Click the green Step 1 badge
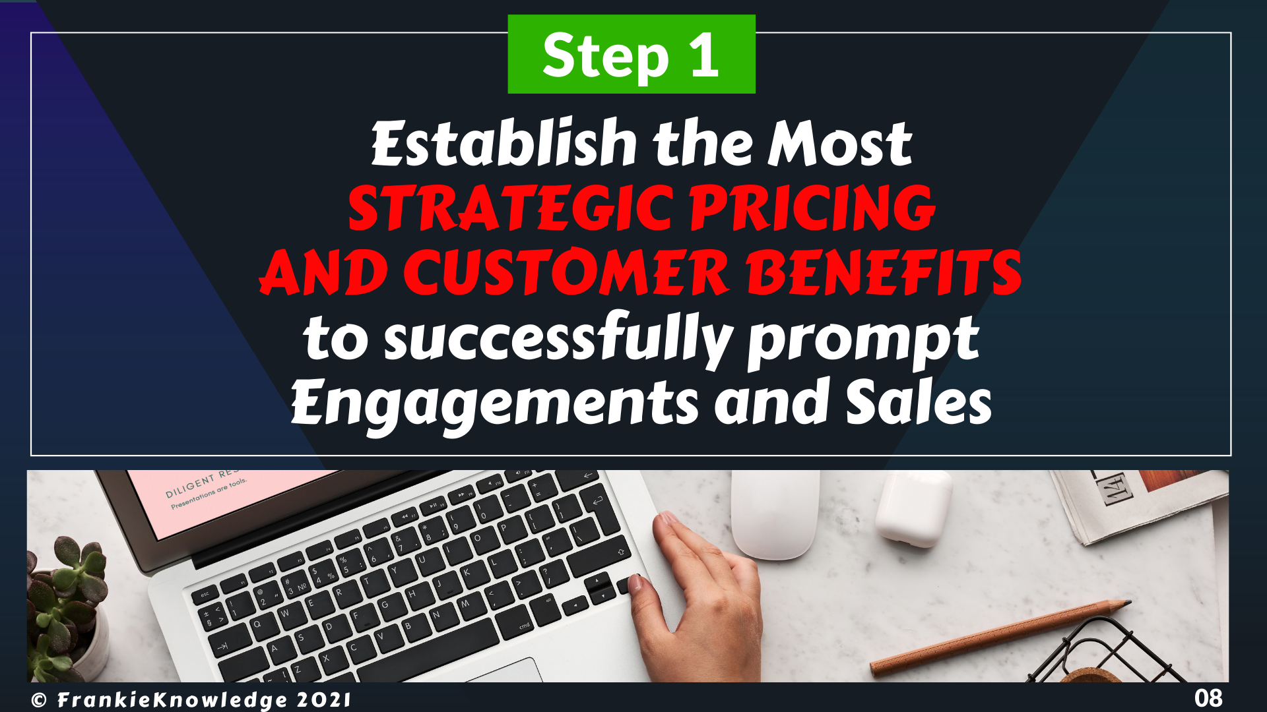click(632, 54)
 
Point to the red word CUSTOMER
click(566, 272)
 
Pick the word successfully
click(558, 339)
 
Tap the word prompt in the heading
click(863, 340)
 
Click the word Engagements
click(495, 403)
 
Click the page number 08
click(1208, 697)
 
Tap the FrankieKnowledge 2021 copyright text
click(191, 699)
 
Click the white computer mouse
click(776, 514)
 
